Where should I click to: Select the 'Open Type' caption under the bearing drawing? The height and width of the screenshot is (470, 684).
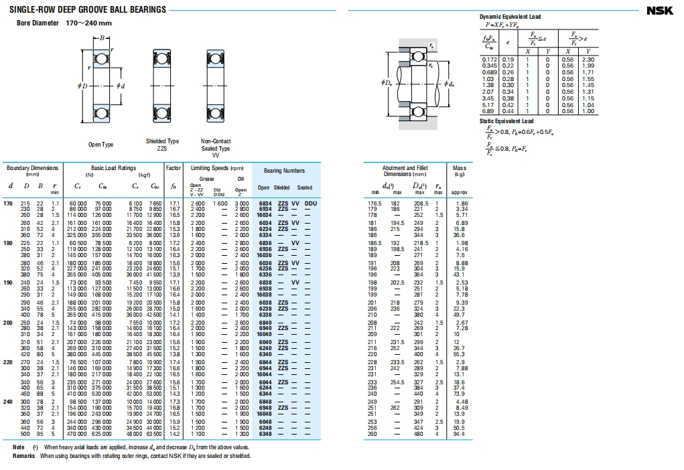[x=100, y=145]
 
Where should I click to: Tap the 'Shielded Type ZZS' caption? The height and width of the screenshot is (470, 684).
[x=162, y=145]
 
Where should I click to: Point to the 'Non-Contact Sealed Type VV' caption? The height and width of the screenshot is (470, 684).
[x=216, y=148]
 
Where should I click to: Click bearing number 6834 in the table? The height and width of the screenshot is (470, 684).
[x=265, y=203]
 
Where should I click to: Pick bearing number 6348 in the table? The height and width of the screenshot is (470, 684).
[x=265, y=433]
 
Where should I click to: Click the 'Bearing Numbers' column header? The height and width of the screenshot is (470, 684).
[x=284, y=171]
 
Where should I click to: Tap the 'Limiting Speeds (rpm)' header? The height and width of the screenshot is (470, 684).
[x=216, y=168]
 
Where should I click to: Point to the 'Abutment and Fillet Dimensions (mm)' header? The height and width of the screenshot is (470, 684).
[x=405, y=171]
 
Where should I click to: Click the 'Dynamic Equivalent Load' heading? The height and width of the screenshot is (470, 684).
[x=510, y=17]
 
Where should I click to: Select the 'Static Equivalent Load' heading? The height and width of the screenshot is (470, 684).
[x=506, y=121]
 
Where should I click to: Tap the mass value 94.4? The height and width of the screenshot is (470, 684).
[x=460, y=433]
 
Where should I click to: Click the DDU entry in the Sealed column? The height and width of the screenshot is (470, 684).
[x=310, y=203]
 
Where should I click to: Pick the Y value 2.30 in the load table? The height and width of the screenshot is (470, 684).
[x=588, y=60]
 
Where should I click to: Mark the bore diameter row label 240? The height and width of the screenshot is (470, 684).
[x=8, y=401]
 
